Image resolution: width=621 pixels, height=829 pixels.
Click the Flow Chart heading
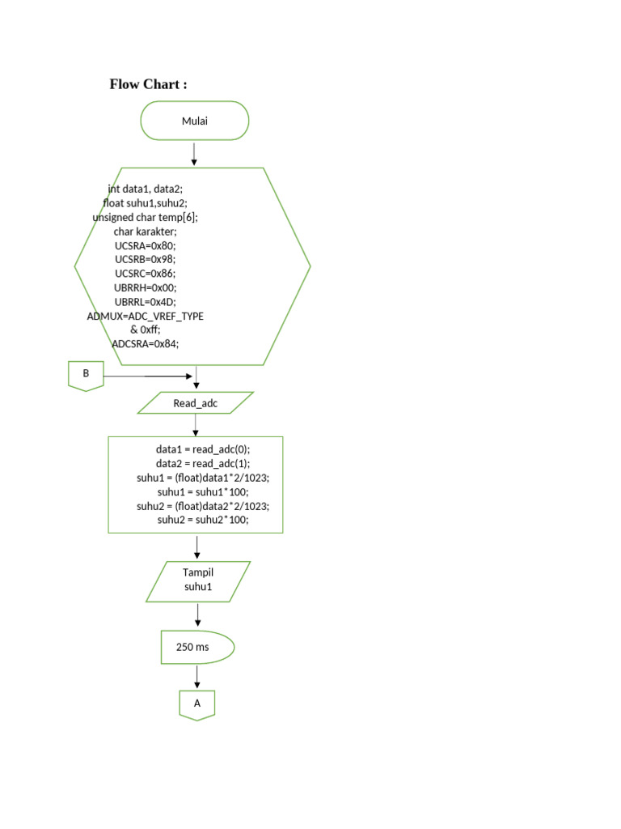tap(149, 84)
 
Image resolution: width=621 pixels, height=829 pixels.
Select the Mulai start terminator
tap(195, 121)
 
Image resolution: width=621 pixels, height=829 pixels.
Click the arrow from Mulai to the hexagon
tap(194, 154)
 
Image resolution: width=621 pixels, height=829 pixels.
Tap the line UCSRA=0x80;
tap(145, 245)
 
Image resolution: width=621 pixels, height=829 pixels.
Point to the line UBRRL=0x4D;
tap(146, 301)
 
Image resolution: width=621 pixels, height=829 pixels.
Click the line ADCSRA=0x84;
tap(146, 343)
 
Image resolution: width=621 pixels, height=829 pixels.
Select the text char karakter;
tap(145, 232)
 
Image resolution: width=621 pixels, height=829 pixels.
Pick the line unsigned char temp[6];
tap(145, 217)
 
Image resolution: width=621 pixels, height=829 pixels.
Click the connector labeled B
tap(86, 375)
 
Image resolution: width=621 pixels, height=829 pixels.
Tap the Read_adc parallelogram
tap(196, 402)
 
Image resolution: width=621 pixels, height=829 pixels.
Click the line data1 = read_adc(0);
tap(203, 449)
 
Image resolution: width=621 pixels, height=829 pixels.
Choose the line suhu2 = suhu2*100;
tap(203, 521)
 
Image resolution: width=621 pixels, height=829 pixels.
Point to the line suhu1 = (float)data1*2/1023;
tap(203, 478)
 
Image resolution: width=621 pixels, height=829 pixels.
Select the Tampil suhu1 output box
tap(197, 580)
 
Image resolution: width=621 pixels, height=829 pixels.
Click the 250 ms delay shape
tap(196, 647)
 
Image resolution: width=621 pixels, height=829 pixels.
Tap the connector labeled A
tap(197, 704)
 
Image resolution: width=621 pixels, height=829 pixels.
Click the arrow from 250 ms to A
tap(196, 677)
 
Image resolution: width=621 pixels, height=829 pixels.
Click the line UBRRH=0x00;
tap(145, 287)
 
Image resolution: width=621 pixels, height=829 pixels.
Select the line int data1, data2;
tap(146, 189)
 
